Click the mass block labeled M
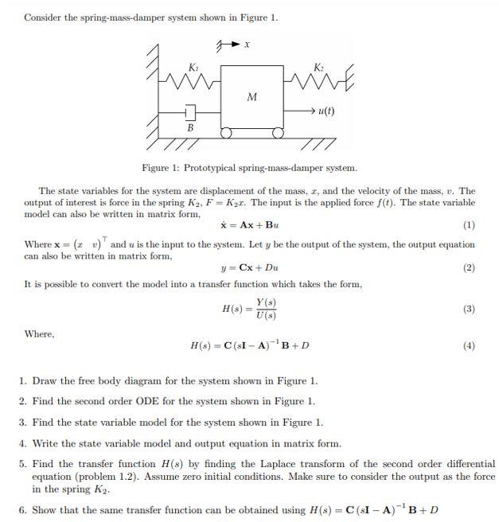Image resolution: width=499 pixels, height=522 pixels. click(251, 97)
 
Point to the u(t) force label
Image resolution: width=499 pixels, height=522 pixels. click(326, 111)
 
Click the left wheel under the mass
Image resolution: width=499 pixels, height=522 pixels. click(226, 133)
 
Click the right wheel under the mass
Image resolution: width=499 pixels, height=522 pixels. click(277, 133)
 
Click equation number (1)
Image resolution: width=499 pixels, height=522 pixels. click(469, 225)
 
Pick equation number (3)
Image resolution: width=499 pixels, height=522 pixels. click(469, 309)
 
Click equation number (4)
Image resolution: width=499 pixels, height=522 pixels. click(469, 346)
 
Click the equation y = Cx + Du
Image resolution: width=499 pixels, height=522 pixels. click(249, 268)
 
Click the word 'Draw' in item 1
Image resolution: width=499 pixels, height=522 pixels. click(44, 380)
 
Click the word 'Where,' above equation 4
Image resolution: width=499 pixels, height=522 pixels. click(39, 333)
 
